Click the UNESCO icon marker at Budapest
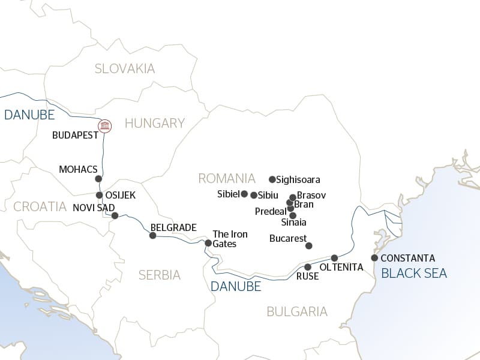[105, 125]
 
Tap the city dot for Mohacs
[98, 179]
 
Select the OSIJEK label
[121, 196]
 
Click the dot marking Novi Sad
[115, 215]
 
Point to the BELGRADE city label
[173, 227]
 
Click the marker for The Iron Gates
[208, 243]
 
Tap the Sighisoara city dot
[272, 179]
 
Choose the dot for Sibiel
[244, 194]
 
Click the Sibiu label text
[269, 195]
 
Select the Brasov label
[311, 196]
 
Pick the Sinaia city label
[293, 223]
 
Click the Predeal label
[270, 212]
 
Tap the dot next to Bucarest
[309, 245]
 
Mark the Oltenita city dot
[335, 257]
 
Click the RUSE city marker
[308, 267]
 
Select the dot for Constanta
[374, 258]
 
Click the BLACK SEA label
[414, 274]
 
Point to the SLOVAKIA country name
[125, 68]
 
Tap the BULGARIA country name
[297, 311]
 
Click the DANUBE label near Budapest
[29, 115]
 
